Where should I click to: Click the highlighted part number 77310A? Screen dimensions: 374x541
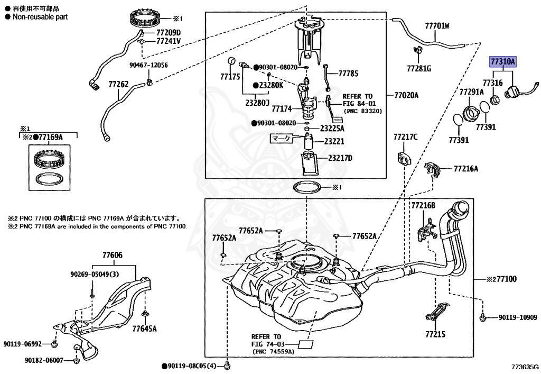pos(502,62)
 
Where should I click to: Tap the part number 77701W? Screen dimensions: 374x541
pos(437,25)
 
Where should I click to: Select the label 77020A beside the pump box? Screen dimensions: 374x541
pos(406,95)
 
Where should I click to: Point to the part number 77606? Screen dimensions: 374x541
pos(112,256)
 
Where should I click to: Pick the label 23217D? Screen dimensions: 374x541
pos(340,158)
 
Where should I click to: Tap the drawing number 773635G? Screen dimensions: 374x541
pos(525,366)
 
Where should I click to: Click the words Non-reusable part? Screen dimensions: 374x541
pos(40,17)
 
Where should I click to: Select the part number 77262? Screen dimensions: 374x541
pos(118,84)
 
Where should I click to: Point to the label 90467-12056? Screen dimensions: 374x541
pos(148,65)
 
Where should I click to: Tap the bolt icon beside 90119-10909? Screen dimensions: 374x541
pos(483,317)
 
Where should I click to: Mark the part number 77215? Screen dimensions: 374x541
pos(435,334)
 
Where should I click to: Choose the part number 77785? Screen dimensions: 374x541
pos(348,74)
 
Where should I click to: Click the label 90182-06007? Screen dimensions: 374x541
pos(43,360)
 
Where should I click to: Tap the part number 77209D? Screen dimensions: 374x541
pos(168,32)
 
